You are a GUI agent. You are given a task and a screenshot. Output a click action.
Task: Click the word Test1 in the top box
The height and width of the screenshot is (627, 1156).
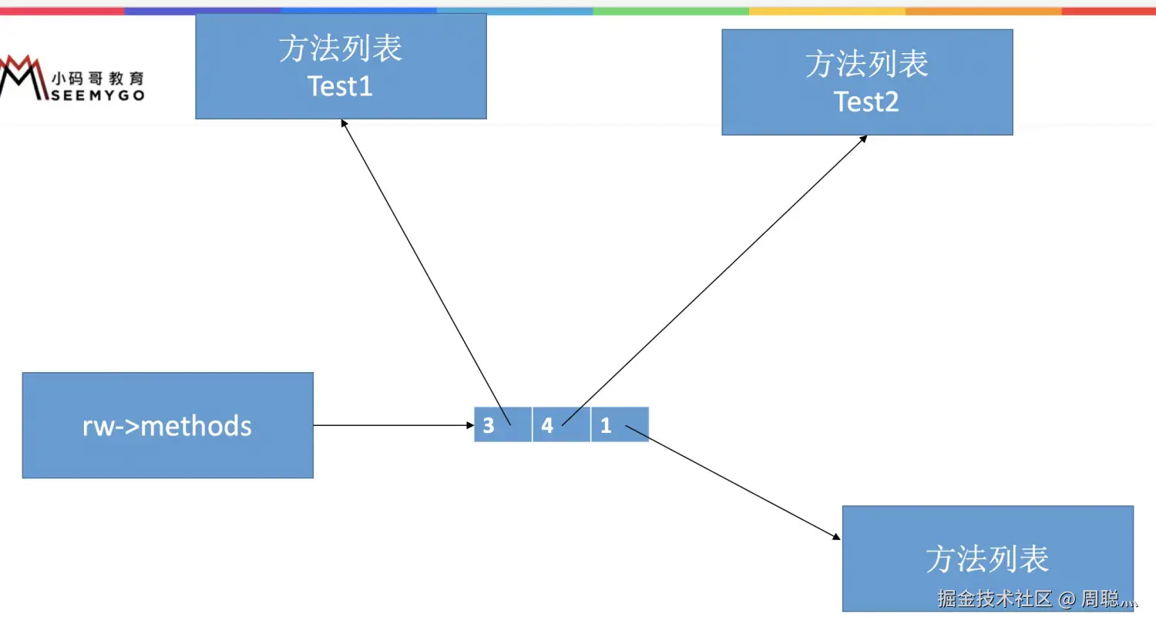[x=340, y=86]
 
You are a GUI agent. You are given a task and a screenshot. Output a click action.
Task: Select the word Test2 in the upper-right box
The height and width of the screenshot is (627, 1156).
[x=866, y=102]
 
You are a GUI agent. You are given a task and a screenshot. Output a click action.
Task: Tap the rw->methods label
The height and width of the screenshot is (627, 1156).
[x=167, y=426]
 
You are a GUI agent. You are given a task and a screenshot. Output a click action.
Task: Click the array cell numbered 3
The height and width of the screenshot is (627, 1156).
[x=502, y=425]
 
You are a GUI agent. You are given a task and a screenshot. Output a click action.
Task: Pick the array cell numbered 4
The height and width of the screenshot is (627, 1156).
[x=561, y=425]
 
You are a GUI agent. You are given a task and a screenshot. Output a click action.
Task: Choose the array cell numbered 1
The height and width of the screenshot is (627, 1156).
[x=620, y=425]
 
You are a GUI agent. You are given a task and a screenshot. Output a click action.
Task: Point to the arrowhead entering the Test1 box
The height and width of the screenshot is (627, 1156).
[x=344, y=123]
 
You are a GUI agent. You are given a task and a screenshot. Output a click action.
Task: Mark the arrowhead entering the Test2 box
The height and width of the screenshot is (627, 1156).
[x=863, y=139]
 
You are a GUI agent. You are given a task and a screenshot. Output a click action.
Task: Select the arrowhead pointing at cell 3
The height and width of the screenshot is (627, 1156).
[x=469, y=425]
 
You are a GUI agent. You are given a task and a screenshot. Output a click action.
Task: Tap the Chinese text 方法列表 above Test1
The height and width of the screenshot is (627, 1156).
[x=340, y=49]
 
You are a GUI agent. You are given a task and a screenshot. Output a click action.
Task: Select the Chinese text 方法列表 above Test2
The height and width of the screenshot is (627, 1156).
[x=866, y=64]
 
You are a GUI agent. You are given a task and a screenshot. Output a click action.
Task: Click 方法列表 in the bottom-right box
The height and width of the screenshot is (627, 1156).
[x=987, y=559]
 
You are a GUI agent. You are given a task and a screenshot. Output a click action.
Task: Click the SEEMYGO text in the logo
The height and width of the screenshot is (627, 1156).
[x=98, y=96]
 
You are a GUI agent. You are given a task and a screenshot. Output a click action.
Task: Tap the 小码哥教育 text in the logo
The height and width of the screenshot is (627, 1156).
[x=98, y=79]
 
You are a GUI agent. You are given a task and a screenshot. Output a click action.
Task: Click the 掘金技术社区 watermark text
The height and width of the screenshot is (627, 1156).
[x=994, y=598]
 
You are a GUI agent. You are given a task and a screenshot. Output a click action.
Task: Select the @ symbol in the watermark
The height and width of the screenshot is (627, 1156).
[x=1067, y=599]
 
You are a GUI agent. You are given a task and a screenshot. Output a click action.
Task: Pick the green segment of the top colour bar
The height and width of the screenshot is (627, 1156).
[x=670, y=12]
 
